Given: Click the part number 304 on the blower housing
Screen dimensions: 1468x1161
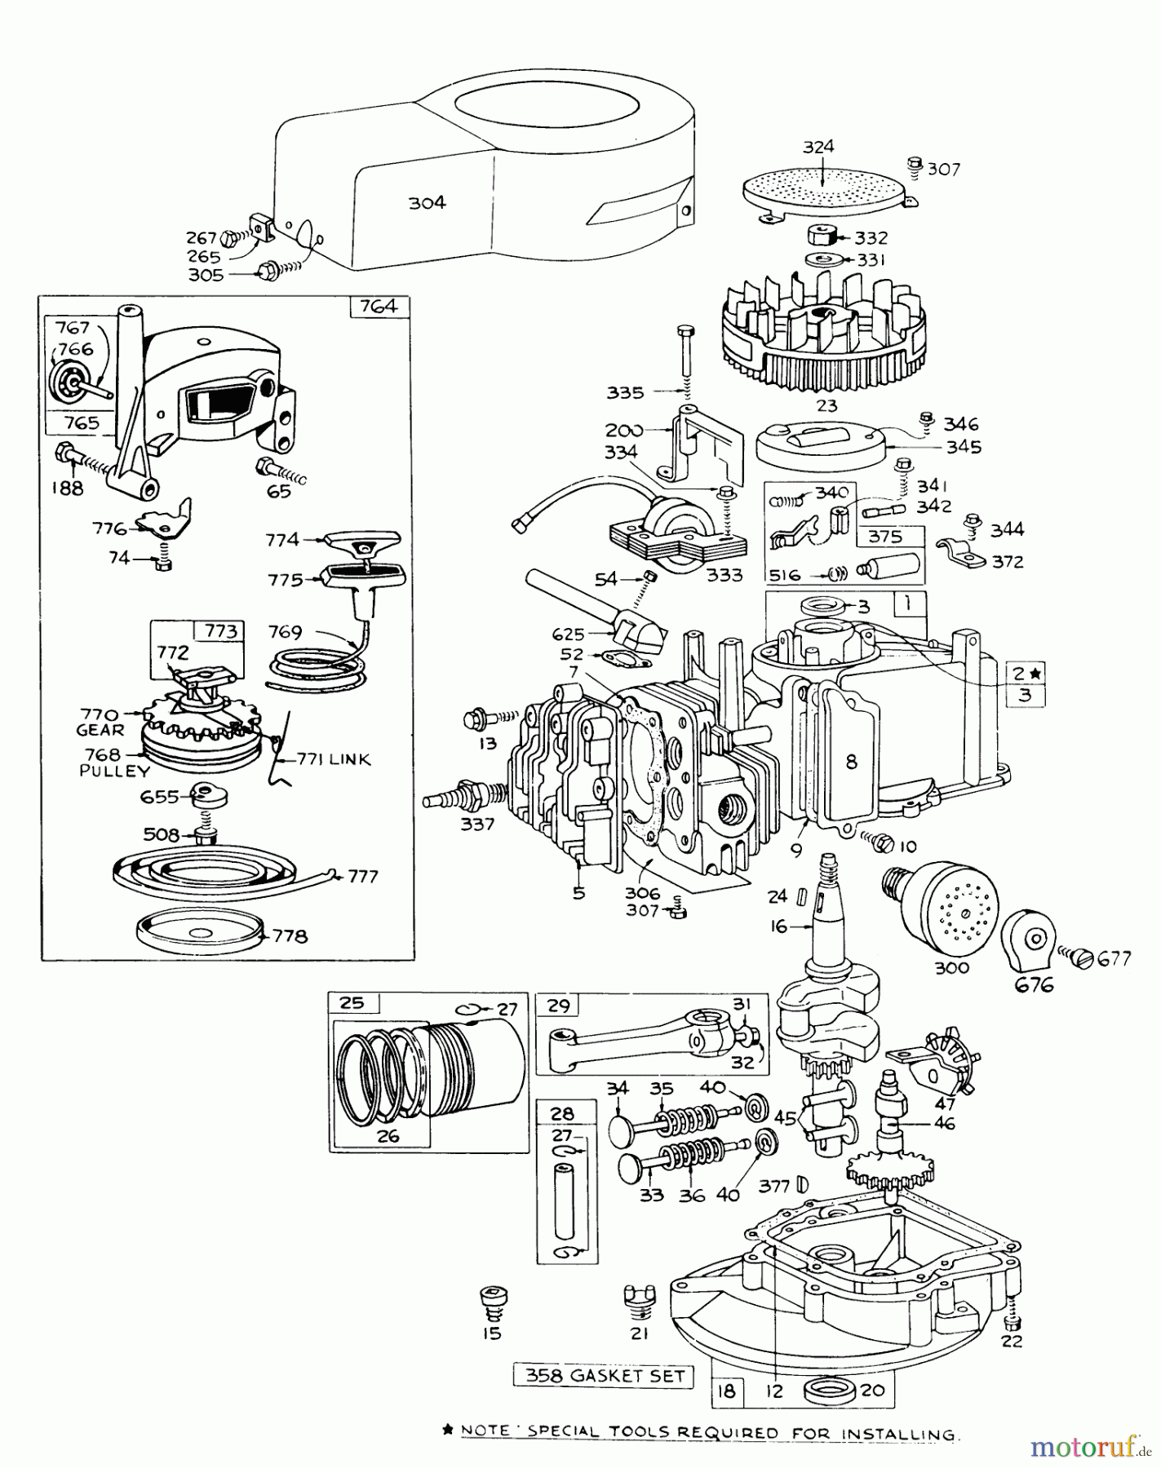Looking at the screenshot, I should [x=428, y=202].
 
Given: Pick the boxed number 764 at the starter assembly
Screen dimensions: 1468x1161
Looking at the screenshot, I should [x=379, y=307].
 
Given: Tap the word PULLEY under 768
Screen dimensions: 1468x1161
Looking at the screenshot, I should [x=115, y=771].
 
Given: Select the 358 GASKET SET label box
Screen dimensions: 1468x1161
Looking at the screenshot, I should [x=604, y=1377].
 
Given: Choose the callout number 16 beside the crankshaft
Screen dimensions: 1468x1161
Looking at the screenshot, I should [x=778, y=926].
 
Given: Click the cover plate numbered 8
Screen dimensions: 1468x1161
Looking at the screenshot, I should [x=852, y=763].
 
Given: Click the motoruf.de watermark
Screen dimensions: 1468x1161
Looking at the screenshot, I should [x=1088, y=1447].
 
